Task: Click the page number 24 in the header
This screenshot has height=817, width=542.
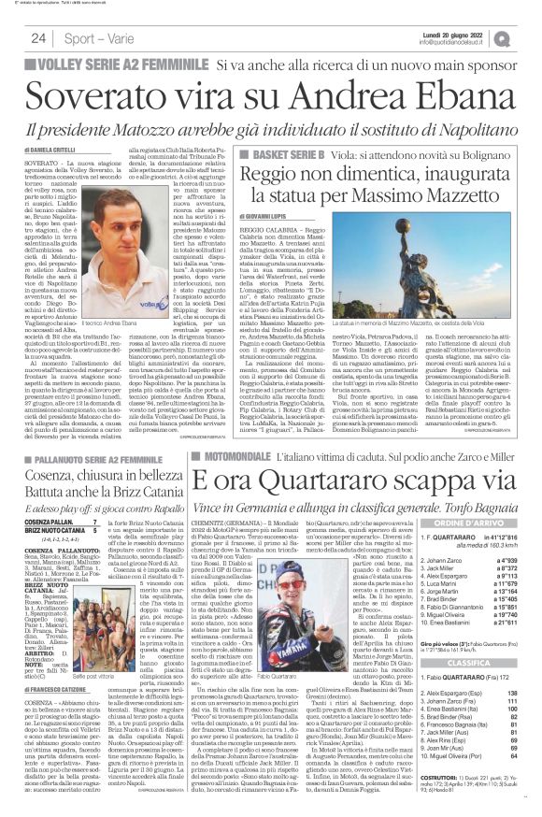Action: (39, 37)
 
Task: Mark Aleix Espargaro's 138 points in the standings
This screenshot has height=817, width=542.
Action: (511, 698)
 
